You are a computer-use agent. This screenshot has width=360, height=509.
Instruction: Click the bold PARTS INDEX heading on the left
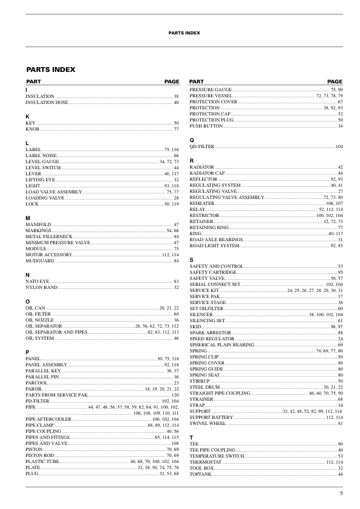pyautogui.click(x=50, y=70)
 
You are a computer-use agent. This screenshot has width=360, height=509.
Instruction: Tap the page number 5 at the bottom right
pyautogui.click(x=341, y=494)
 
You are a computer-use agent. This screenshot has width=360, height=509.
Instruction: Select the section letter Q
pyautogui.click(x=192, y=140)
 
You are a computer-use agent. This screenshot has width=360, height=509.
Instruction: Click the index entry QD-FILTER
pyautogui.click(x=202, y=147)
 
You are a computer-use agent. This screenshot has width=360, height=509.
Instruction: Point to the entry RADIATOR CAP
pyautogui.click(x=207, y=173)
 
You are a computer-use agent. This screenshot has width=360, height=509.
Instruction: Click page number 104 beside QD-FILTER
pyautogui.click(x=339, y=147)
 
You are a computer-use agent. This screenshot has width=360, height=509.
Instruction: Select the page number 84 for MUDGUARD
pyautogui.click(x=176, y=261)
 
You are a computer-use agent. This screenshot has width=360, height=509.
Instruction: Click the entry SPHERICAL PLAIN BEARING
pyautogui.click(x=221, y=345)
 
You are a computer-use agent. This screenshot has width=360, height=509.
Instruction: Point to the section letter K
pyautogui.click(x=27, y=116)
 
